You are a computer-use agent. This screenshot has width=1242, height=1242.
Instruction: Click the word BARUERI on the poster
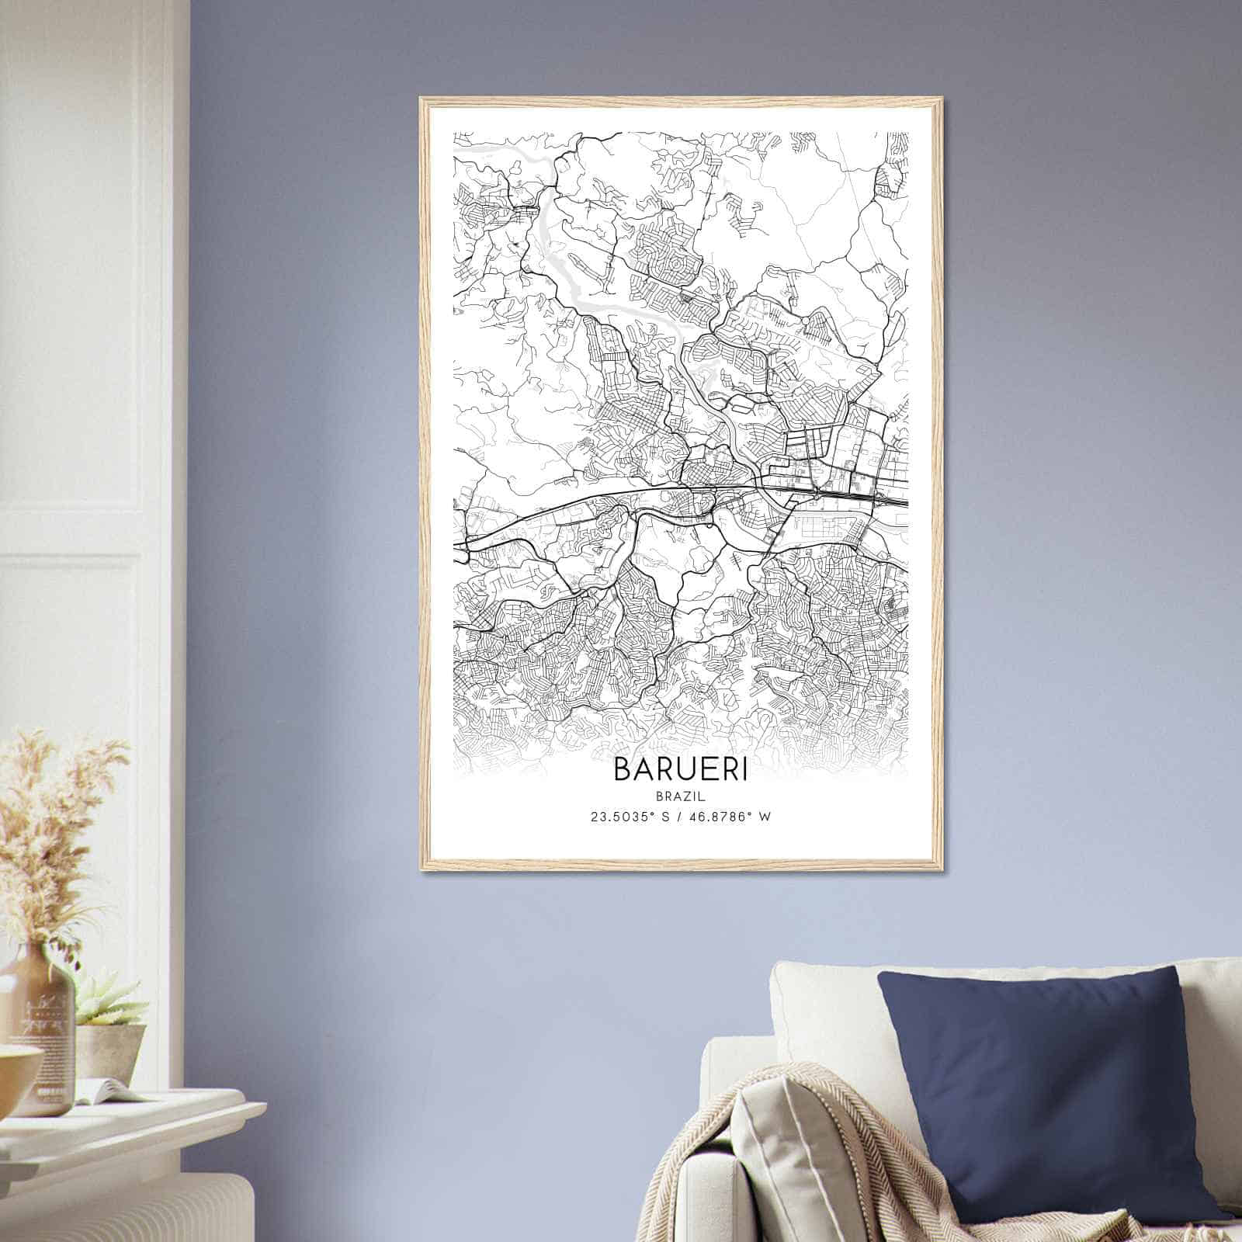coord(681,768)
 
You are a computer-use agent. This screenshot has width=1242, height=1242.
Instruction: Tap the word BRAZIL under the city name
coord(681,795)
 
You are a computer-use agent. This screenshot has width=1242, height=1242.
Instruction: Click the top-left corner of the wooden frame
coord(422,100)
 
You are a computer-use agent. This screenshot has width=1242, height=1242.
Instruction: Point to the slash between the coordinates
coord(680,817)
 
